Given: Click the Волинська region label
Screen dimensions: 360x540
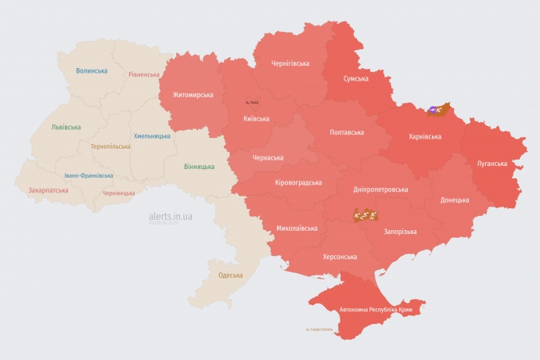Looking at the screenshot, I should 92,71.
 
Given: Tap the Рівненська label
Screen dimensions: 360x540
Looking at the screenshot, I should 144,75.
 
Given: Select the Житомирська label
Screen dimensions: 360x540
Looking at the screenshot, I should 187,95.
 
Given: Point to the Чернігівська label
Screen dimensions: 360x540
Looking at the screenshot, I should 290,63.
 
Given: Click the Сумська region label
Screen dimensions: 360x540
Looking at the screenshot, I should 356,79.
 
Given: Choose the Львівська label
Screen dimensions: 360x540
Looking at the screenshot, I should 66,127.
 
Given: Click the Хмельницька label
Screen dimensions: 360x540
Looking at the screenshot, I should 152,136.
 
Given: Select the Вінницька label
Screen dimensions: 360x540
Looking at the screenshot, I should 199,167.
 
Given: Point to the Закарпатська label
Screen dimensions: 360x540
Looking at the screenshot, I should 48,190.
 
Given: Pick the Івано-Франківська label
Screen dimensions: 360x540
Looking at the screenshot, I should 88,176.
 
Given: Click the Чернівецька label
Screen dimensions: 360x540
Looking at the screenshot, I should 119,193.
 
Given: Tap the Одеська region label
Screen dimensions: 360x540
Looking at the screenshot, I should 230,275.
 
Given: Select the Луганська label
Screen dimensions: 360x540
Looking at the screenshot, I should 491,164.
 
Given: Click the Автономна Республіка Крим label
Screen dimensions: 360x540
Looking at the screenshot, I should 376,310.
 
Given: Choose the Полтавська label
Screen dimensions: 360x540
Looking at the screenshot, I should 347,131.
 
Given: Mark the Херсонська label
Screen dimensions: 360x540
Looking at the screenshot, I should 340,257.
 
